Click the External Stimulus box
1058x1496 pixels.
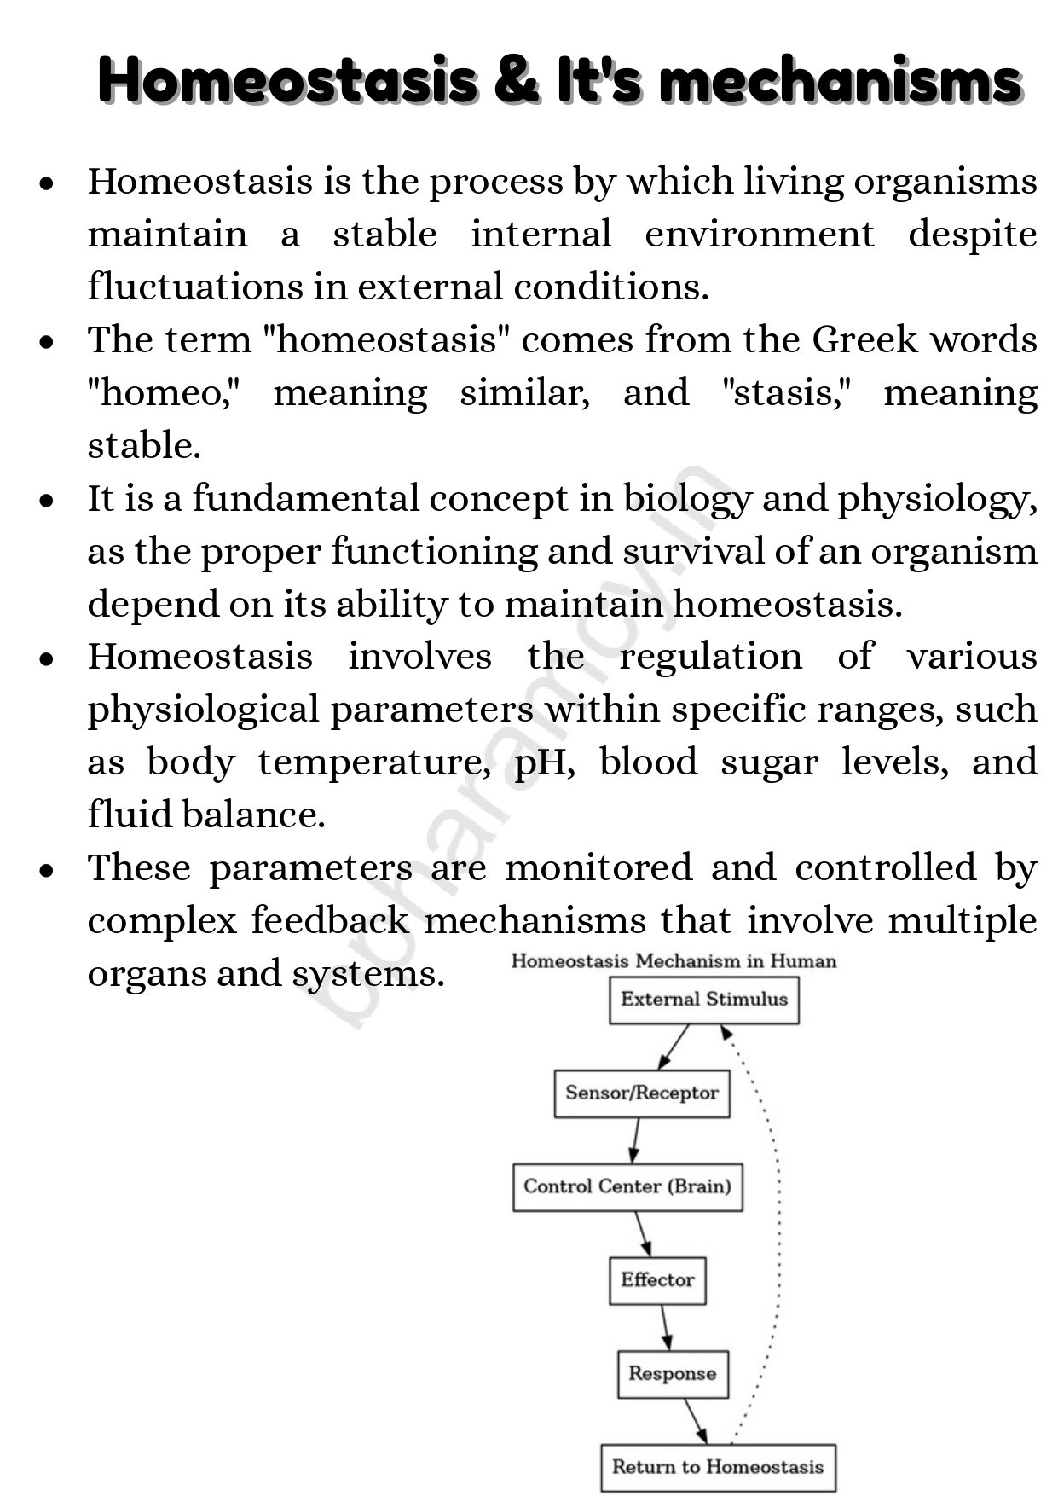tap(704, 1000)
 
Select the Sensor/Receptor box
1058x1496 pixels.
tap(642, 1093)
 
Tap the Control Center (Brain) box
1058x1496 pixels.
tap(627, 1186)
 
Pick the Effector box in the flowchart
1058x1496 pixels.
tap(657, 1280)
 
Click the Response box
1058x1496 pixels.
tap(673, 1374)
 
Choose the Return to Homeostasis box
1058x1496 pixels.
tap(718, 1468)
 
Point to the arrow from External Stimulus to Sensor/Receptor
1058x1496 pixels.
tap(674, 1047)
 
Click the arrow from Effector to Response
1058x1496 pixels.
tap(665, 1327)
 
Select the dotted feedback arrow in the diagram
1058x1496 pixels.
tap(776, 1228)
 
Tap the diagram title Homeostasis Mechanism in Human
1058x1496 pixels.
tap(674, 961)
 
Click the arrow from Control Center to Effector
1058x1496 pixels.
tap(643, 1233)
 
